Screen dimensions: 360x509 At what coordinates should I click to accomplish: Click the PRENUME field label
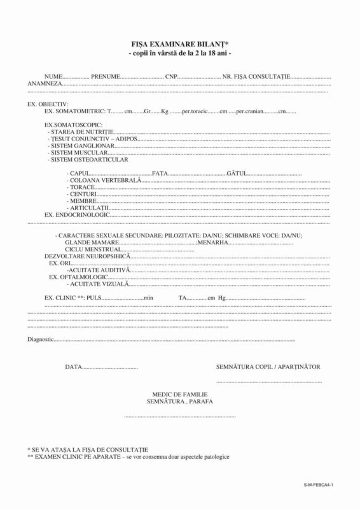click(x=105, y=76)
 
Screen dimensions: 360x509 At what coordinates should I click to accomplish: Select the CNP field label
click(x=171, y=76)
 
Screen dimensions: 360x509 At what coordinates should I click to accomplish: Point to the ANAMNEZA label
click(x=45, y=83)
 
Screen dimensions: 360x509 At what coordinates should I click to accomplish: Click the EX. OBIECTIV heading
click(x=48, y=103)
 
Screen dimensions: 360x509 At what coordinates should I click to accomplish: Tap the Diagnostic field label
click(x=40, y=339)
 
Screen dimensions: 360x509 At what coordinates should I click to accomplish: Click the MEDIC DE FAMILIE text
click(x=179, y=395)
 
